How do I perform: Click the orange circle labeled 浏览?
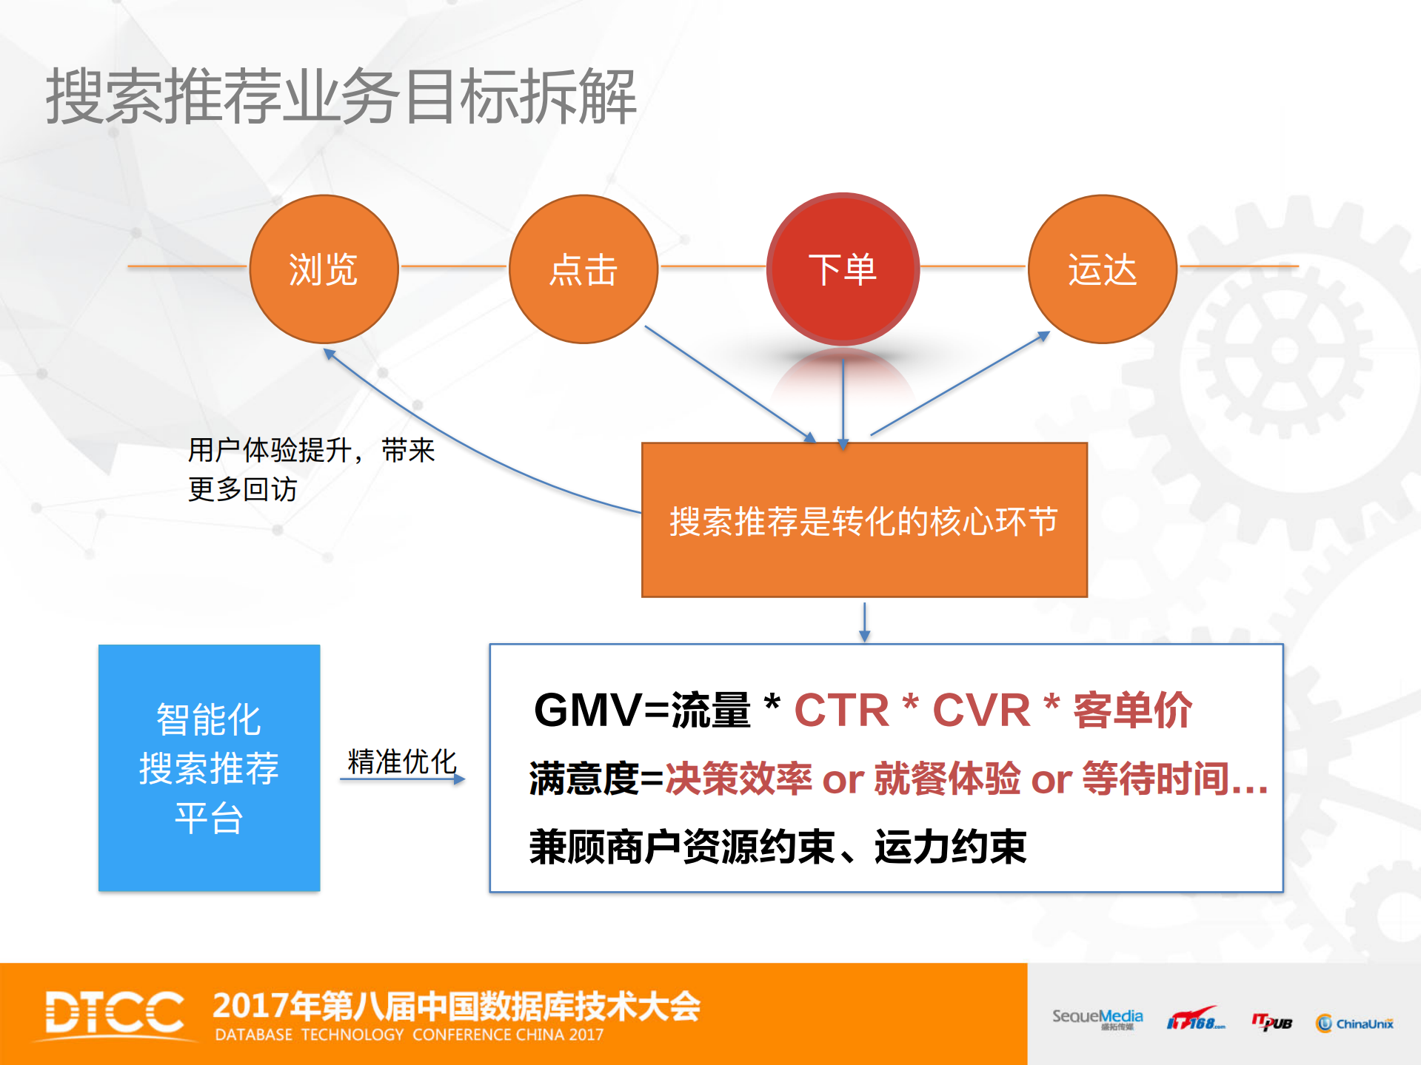tap(324, 269)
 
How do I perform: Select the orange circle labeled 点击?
tap(584, 269)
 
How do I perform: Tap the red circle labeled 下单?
tap(843, 269)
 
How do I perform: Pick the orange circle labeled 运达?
tap(1103, 269)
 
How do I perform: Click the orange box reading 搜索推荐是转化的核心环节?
tap(864, 520)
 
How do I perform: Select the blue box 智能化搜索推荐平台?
tap(209, 767)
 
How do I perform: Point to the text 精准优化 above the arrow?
tap(402, 761)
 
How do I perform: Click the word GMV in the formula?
tap(587, 710)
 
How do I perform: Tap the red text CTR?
tap(841, 710)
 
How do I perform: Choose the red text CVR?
tap(980, 710)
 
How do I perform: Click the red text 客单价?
tap(1132, 710)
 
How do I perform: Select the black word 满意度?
tap(584, 779)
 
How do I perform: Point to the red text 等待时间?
tap(1155, 779)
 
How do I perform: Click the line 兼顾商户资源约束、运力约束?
tap(778, 847)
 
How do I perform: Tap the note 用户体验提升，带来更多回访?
tap(311, 469)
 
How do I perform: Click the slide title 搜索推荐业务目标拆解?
tap(341, 96)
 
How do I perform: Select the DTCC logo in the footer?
tap(115, 1013)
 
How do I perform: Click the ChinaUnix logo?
tap(1354, 1024)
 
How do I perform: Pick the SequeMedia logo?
tap(1097, 1018)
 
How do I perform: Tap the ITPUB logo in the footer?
tap(1271, 1023)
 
